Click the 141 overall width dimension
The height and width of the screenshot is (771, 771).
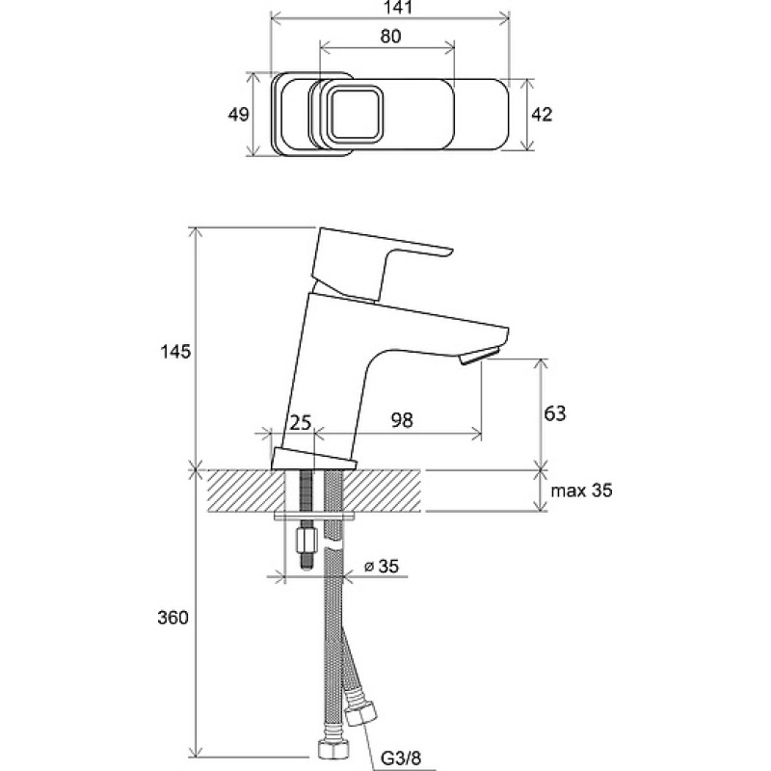point(397,8)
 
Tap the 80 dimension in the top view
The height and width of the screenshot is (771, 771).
point(390,37)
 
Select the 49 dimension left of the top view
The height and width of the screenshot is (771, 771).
point(238,115)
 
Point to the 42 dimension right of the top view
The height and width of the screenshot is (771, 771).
point(542,115)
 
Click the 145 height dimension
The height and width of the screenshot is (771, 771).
point(175,352)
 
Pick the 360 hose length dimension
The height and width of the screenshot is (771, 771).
point(173,618)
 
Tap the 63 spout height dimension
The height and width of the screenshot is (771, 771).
point(555,413)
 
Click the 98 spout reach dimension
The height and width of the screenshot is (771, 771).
point(402,420)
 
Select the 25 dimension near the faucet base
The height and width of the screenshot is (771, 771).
point(301,422)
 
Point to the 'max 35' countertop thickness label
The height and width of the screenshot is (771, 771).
point(582,491)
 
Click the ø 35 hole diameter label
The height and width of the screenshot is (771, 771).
point(381,567)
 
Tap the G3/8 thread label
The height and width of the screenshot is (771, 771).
point(401,758)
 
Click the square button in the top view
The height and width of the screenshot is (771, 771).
point(355,115)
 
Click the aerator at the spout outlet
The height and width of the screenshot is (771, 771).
point(479,356)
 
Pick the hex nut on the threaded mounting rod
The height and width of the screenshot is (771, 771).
point(306,541)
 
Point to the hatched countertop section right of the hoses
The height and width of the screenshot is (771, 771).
point(383,491)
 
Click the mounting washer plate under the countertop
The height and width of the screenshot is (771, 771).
point(316,517)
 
